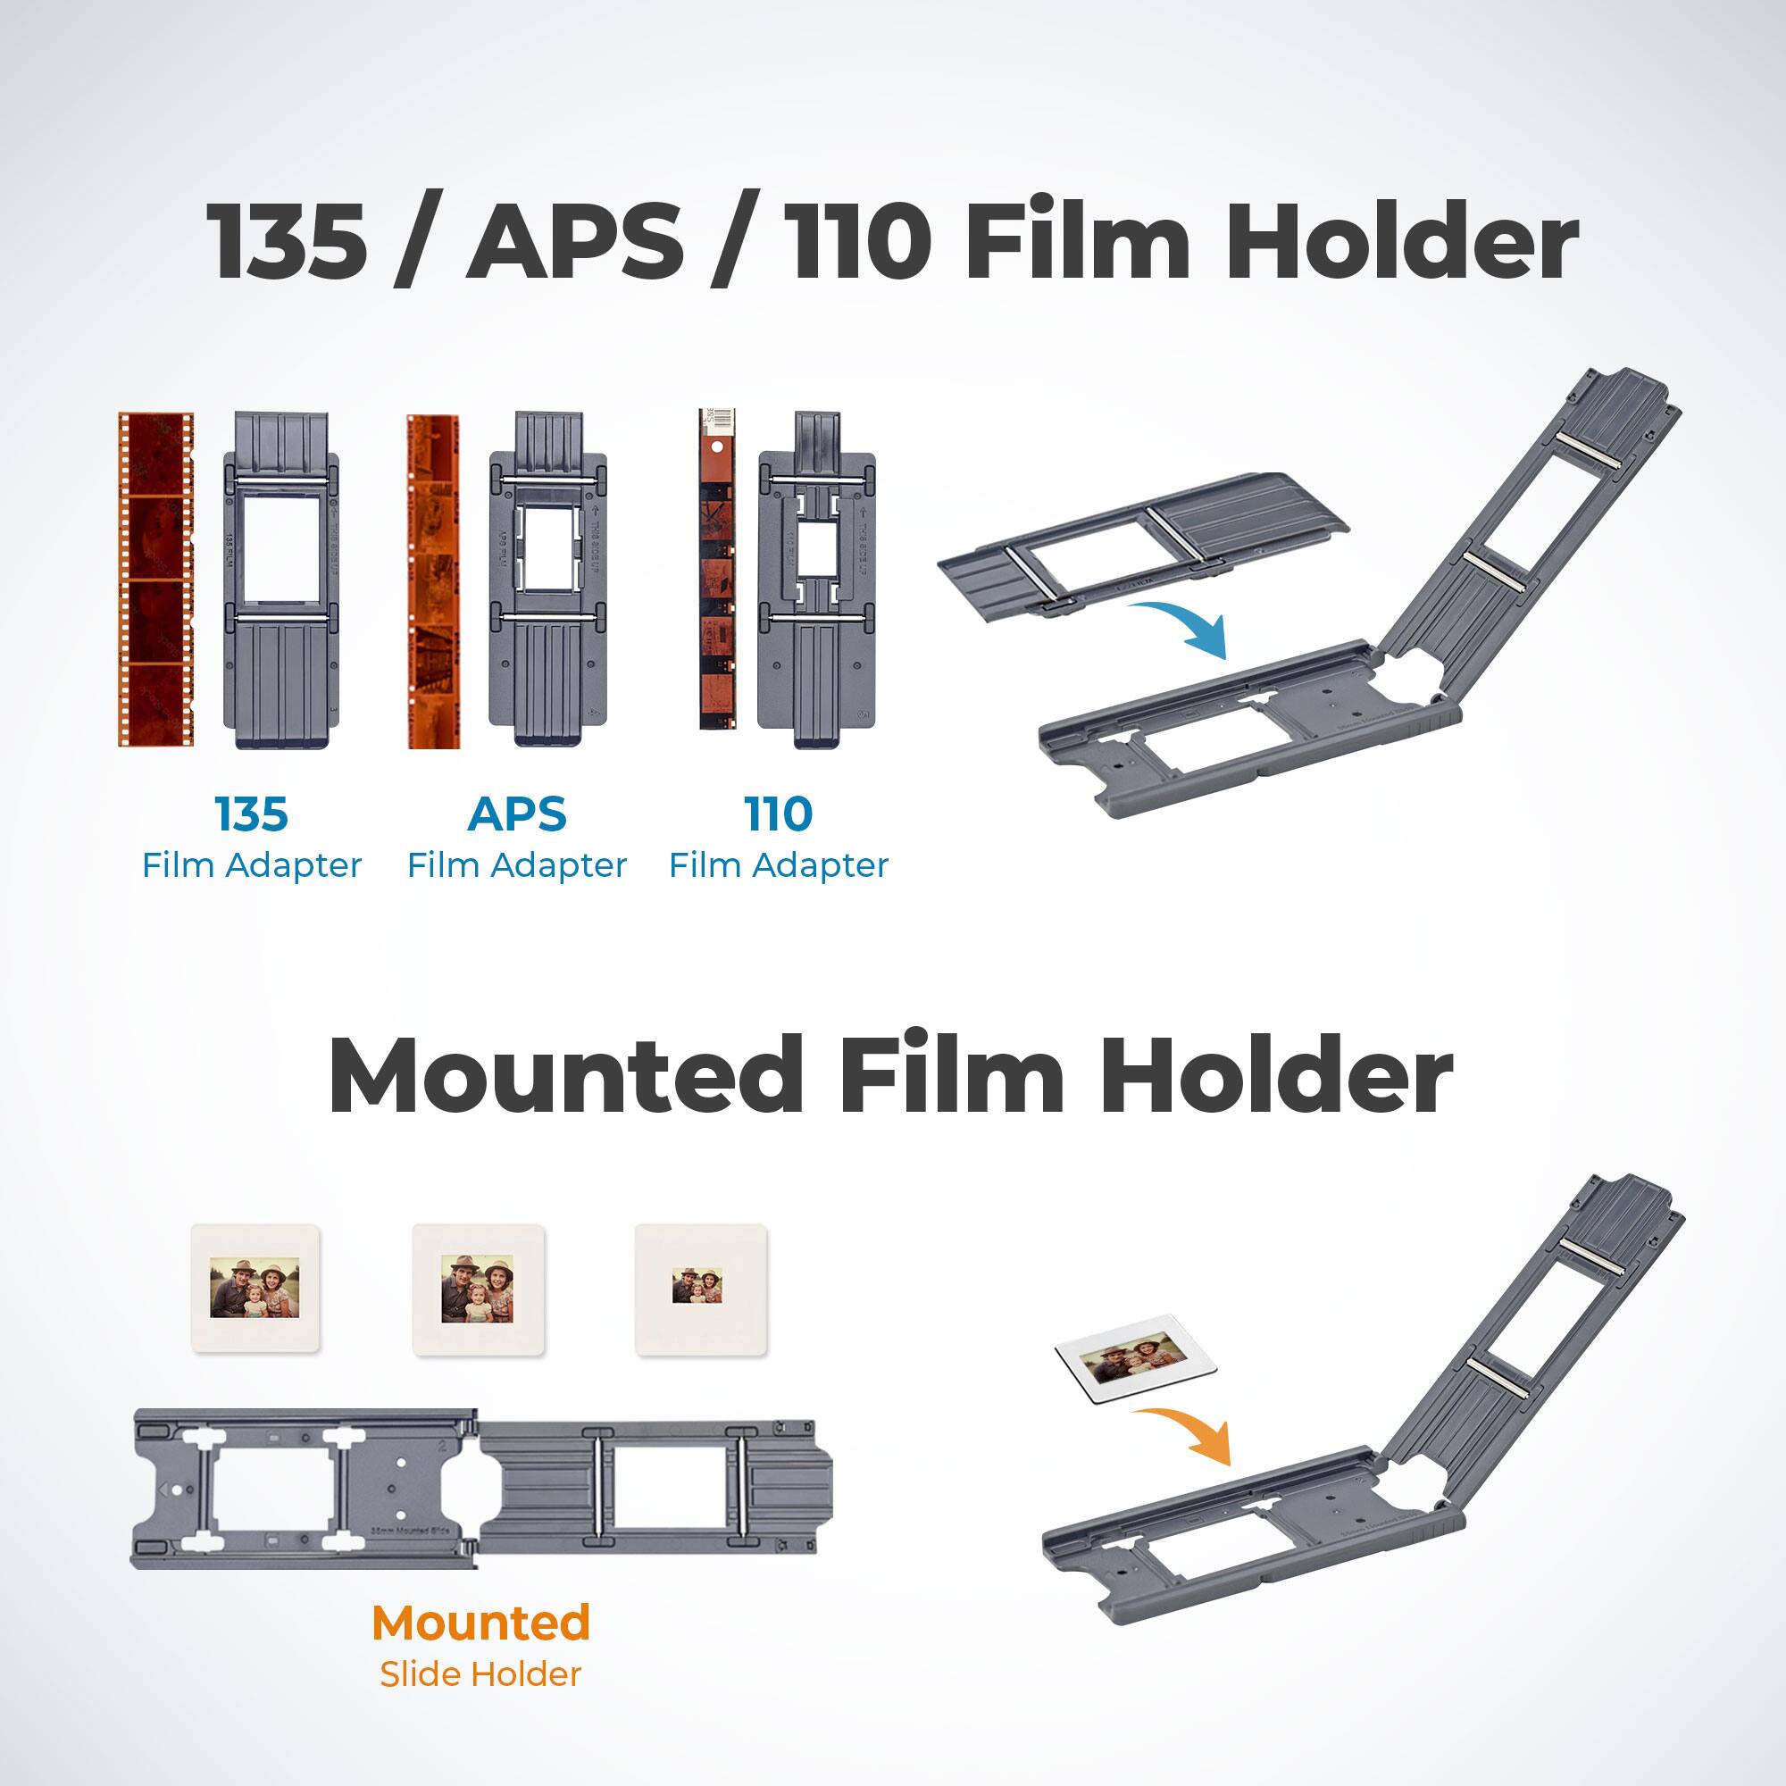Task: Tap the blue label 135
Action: pyautogui.click(x=251, y=814)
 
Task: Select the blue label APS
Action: pyautogui.click(x=517, y=814)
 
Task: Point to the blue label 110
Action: pyautogui.click(x=779, y=814)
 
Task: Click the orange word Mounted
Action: pyautogui.click(x=480, y=1623)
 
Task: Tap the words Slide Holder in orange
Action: pyautogui.click(x=480, y=1674)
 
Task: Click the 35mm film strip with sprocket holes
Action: pyautogui.click(x=156, y=579)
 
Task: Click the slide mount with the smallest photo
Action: pyautogui.click(x=700, y=1290)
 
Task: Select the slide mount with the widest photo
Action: pyautogui.click(x=255, y=1289)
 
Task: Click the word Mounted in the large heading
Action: pyautogui.click(x=566, y=1075)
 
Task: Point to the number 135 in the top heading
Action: pyautogui.click(x=287, y=241)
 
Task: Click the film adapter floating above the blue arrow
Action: pyautogui.click(x=1144, y=541)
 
